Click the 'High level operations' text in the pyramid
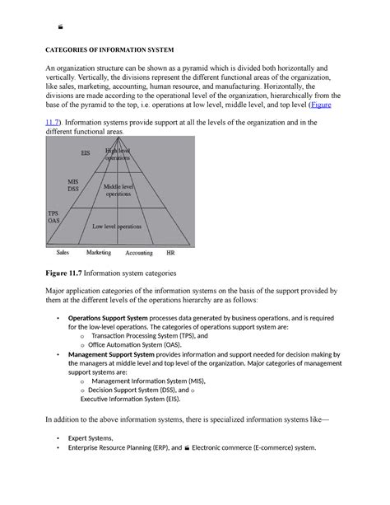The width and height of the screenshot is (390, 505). (118, 154)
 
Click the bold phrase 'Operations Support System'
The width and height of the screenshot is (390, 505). (108, 317)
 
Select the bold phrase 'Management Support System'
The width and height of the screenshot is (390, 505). (110, 353)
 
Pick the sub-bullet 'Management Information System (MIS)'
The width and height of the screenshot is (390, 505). (148, 381)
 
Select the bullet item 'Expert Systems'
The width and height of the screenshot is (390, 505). (91, 439)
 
